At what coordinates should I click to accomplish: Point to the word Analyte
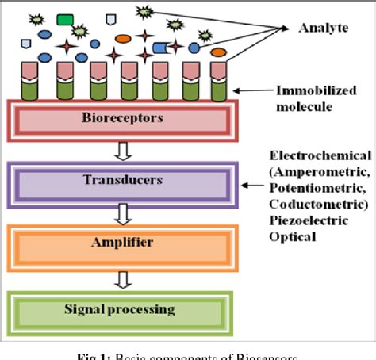pyautogui.click(x=324, y=29)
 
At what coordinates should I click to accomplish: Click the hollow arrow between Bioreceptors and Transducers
pyautogui.click(x=121, y=151)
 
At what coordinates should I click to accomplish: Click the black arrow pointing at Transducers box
pyautogui.click(x=252, y=187)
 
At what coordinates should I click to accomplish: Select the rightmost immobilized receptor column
pyautogui.click(x=217, y=82)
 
